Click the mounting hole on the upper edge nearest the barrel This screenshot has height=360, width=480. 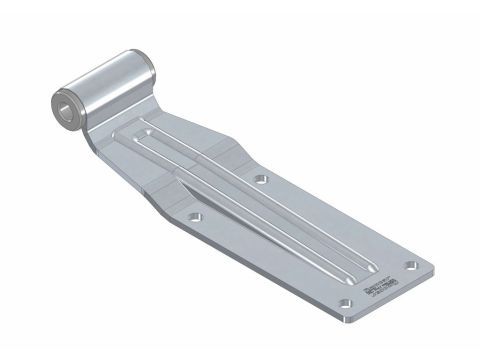point(260,180)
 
